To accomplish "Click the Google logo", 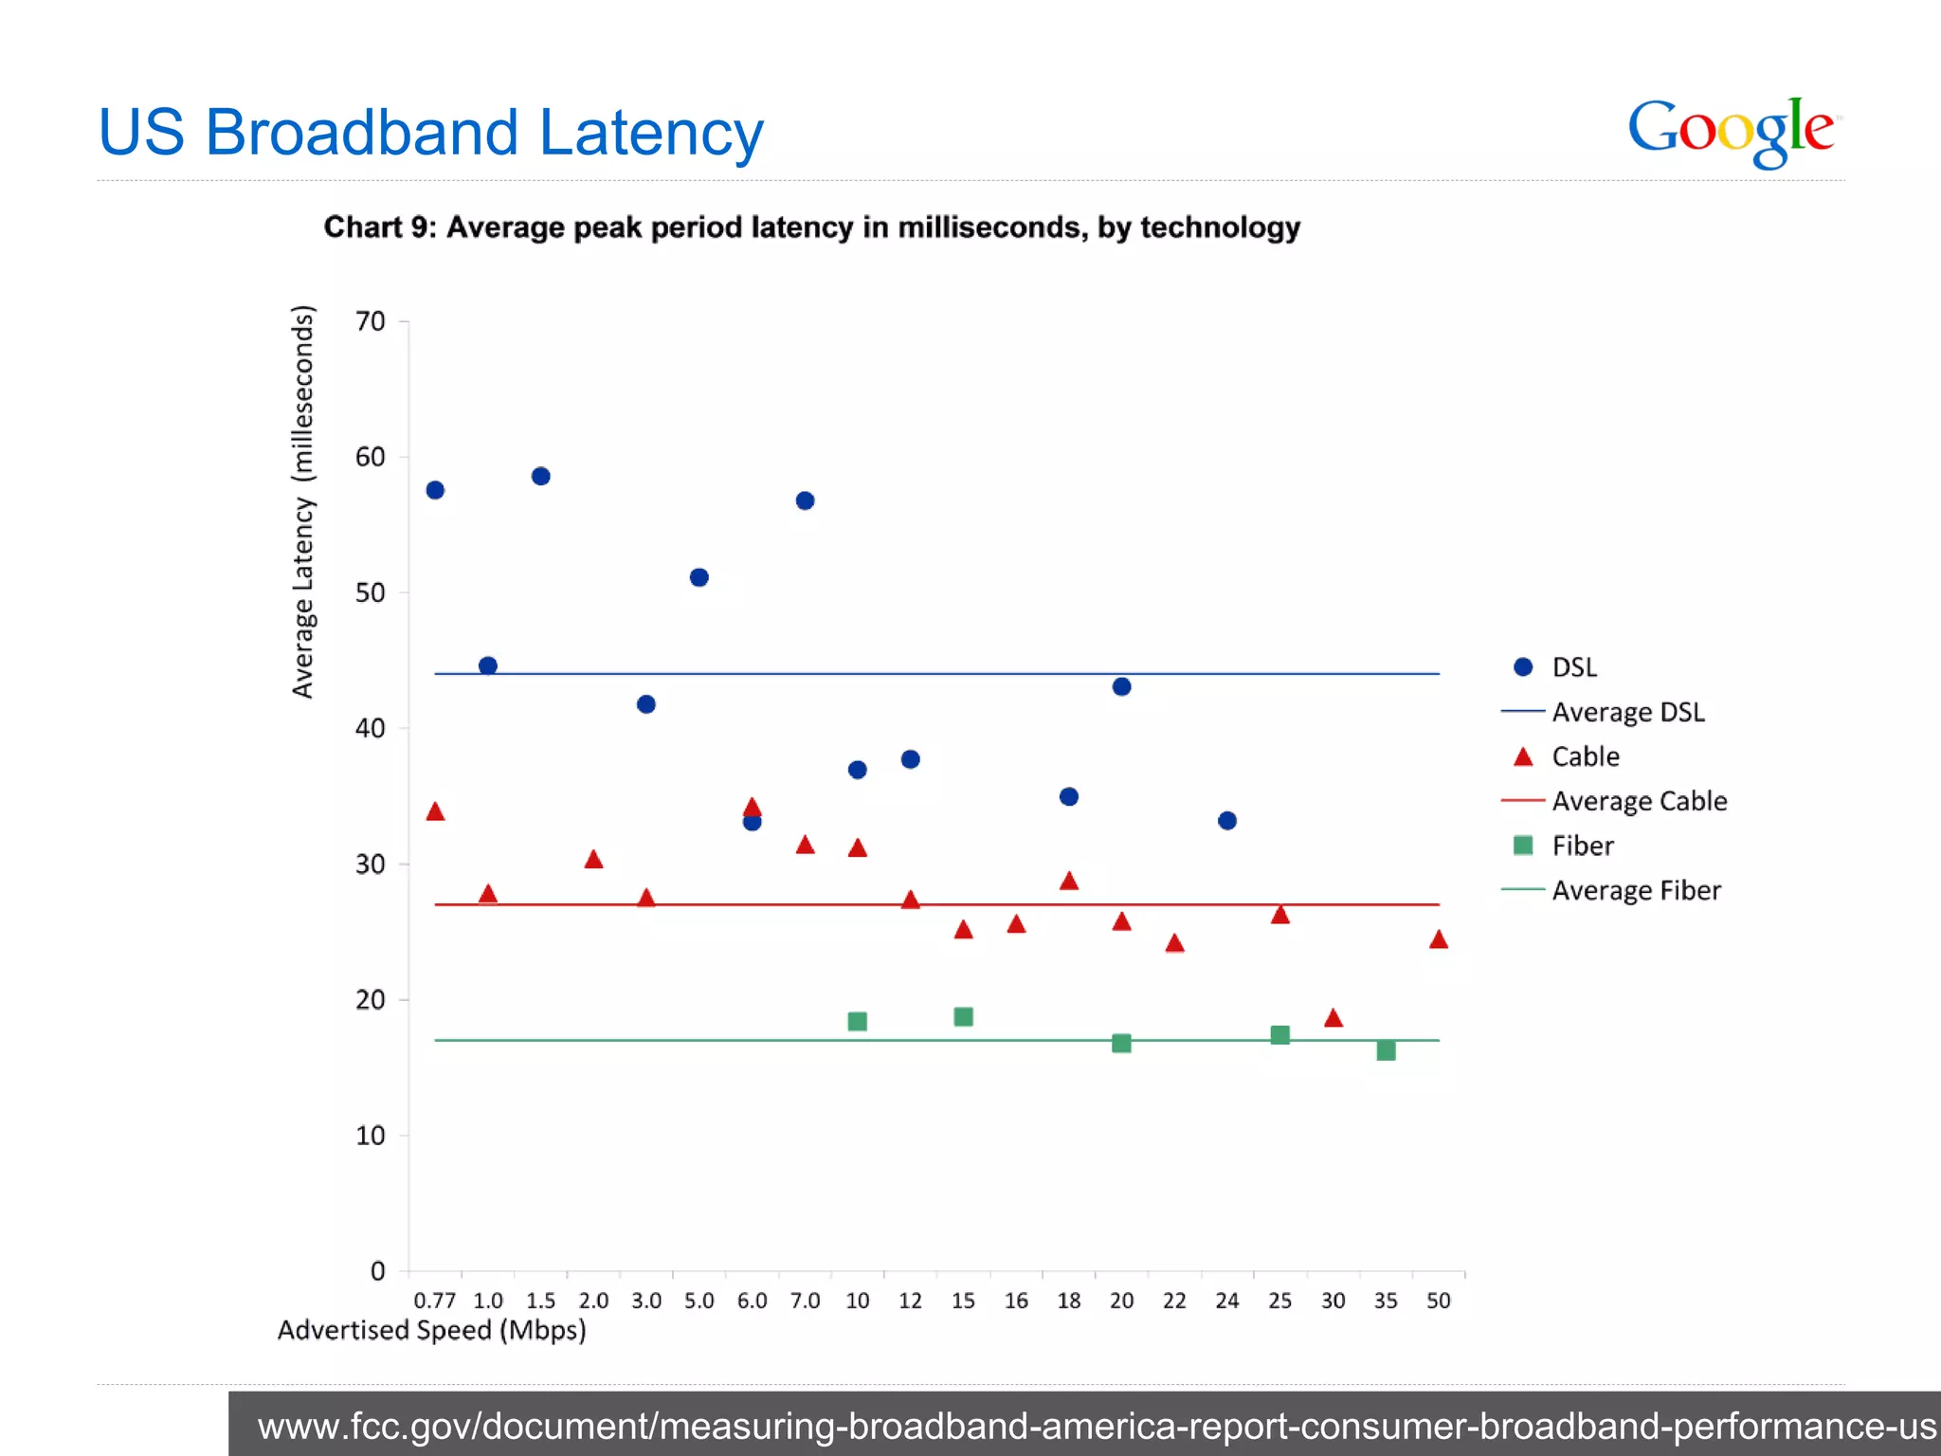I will coord(1732,131).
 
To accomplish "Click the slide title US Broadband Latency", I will coord(430,132).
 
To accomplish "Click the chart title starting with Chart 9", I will coord(811,227).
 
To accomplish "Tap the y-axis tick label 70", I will coord(371,322).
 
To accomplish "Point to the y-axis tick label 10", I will coord(371,1136).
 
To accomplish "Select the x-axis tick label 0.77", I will coord(435,1301).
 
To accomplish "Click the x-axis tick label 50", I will coord(1438,1301).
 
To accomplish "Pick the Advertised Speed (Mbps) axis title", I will coord(431,1330).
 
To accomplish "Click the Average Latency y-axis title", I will coord(302,502).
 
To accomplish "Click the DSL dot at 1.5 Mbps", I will coord(541,476).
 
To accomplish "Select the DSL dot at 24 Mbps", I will coord(1227,821).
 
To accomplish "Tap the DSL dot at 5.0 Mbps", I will coord(699,577).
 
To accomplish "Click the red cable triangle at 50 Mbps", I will coord(1438,939).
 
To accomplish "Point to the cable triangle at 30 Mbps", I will coord(1333,1018).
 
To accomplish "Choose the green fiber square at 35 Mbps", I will coord(1386,1050).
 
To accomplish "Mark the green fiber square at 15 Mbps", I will coord(963,1017).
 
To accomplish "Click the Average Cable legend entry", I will coord(1638,801).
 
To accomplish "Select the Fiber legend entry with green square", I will coord(1581,846).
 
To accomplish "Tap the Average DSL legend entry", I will coord(1626,712).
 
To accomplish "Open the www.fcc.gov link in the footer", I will coord(1096,1426).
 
